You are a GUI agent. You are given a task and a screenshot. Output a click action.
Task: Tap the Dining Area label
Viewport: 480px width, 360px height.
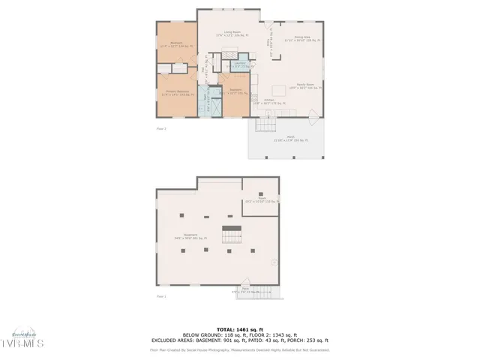click(x=302, y=39)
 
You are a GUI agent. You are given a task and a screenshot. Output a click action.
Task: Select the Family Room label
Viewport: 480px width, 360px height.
click(x=304, y=87)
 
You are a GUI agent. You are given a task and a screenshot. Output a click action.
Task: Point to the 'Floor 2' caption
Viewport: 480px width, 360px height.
click(x=160, y=129)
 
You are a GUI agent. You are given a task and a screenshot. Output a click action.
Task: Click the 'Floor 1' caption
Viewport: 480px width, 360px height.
click(x=160, y=297)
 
